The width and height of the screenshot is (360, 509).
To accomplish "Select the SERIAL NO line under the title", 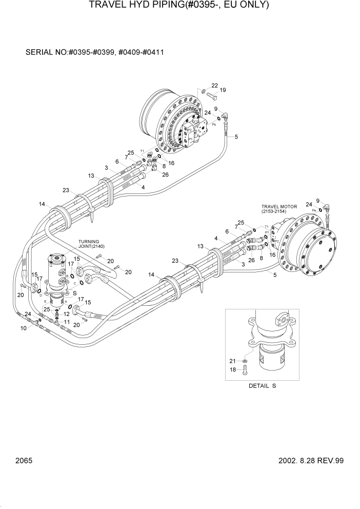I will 94,53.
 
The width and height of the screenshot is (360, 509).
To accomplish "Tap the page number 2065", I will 24,461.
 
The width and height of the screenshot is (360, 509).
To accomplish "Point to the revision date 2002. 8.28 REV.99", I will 297,461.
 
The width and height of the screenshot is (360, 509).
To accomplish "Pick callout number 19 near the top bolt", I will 223,90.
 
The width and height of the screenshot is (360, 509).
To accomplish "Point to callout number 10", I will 23,328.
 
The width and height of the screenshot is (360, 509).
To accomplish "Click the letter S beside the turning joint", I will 75,292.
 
